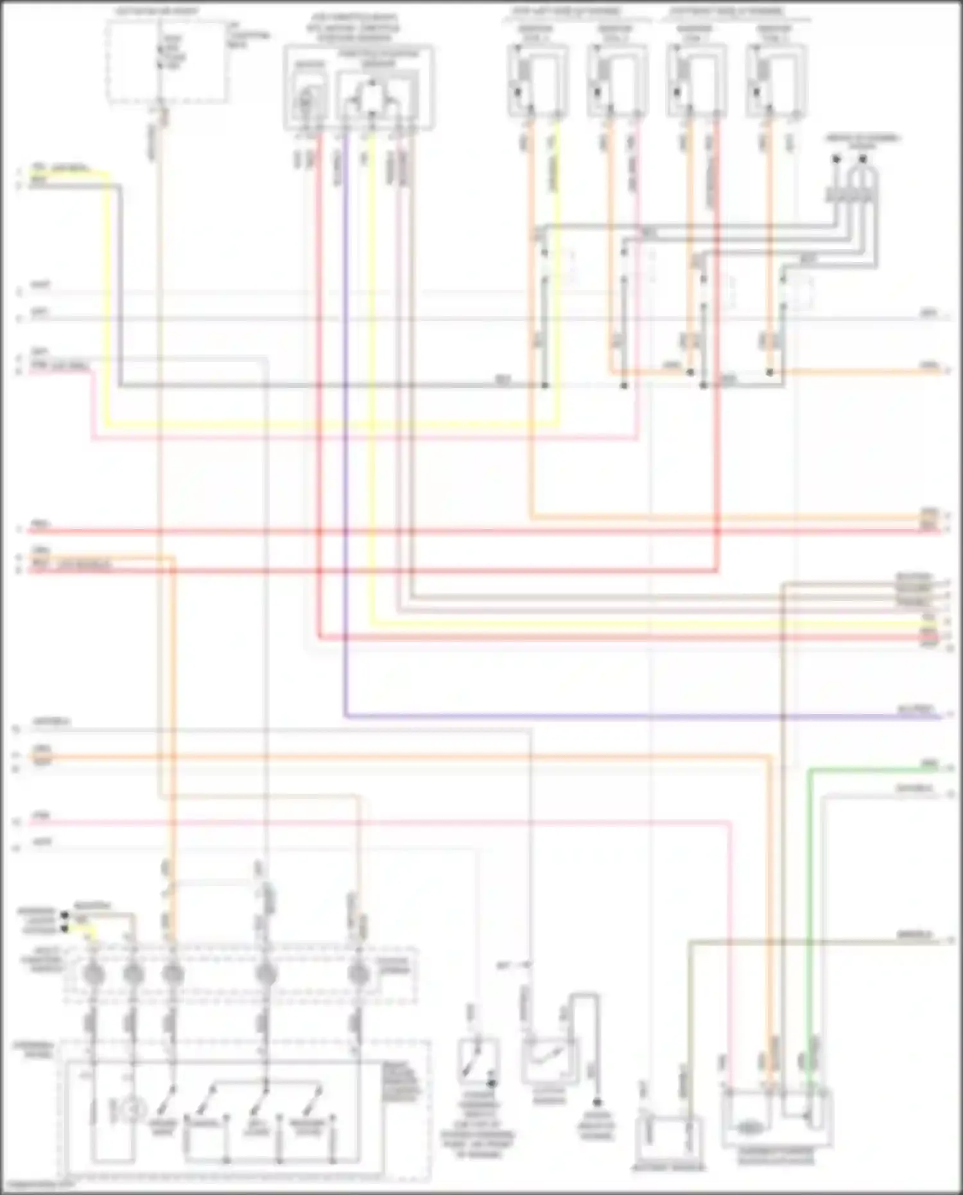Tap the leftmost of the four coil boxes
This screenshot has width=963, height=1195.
click(538, 80)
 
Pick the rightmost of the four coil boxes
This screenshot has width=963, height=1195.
click(777, 80)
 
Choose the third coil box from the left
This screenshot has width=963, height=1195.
click(697, 80)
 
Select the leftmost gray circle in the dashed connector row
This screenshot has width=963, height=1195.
click(94, 975)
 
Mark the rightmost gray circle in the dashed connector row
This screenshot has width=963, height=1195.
click(357, 975)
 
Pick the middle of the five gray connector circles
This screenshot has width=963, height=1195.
click(172, 975)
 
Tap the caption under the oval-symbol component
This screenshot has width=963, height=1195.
click(776, 1158)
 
